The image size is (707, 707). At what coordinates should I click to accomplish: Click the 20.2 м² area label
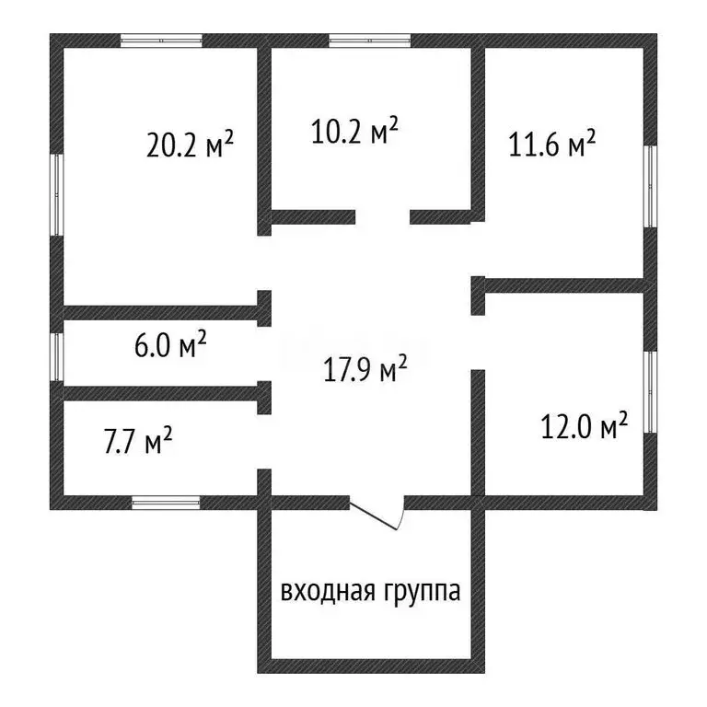190,145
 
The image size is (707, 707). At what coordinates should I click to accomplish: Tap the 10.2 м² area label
353,131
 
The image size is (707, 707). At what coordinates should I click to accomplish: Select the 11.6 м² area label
552,145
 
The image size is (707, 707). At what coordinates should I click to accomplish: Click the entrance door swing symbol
377,515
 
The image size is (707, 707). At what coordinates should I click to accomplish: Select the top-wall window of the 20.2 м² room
162,41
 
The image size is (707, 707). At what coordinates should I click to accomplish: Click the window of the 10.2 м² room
370,41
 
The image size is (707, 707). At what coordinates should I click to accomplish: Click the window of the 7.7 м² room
166,503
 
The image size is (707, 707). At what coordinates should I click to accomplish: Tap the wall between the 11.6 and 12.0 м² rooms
562,285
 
